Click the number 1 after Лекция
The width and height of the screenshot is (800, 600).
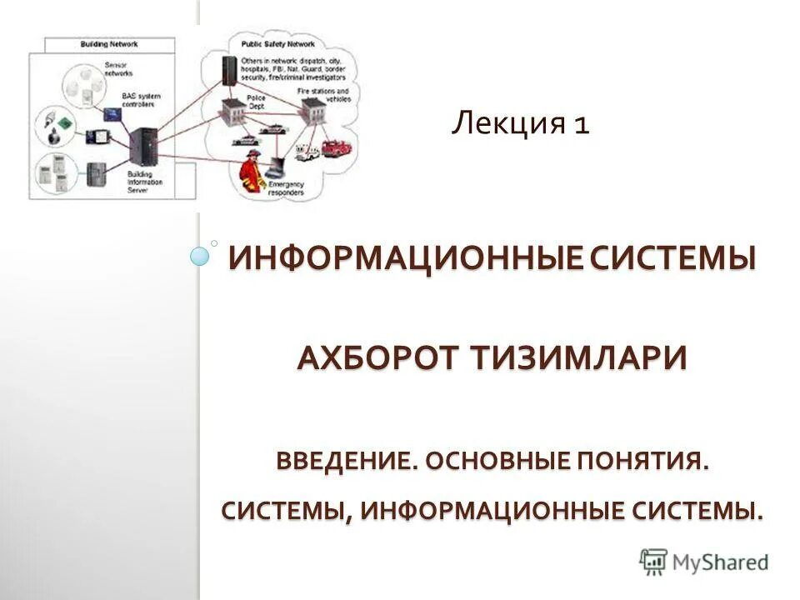pos(582,125)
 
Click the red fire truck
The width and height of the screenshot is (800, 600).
pos(336,149)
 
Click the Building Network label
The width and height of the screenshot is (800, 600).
pos(109,43)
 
